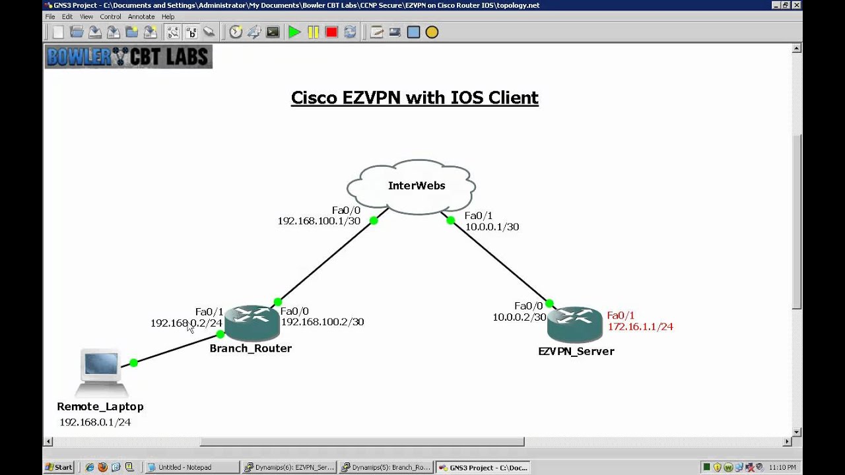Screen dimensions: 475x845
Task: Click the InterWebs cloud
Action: pos(411,186)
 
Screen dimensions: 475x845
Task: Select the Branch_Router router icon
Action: pos(251,323)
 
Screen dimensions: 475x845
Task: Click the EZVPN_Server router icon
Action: pos(574,323)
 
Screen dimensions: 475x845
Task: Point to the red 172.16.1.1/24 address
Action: pos(640,327)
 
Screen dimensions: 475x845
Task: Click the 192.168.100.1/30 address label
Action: pos(319,221)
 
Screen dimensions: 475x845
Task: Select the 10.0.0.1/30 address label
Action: pos(492,227)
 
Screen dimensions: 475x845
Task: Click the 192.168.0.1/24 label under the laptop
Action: pos(95,422)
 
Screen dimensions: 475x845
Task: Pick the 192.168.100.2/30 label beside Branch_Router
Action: pos(322,322)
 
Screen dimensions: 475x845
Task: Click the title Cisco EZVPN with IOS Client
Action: pos(415,98)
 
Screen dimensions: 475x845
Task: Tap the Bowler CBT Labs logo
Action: pos(128,57)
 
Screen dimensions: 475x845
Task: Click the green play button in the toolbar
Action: pos(294,32)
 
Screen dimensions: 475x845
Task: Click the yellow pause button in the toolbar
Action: pos(313,32)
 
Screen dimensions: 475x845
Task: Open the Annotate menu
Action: pos(141,16)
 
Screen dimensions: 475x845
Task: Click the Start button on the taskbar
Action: pos(59,467)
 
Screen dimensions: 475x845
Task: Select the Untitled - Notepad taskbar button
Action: pos(191,467)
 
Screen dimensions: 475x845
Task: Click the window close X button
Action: pos(797,5)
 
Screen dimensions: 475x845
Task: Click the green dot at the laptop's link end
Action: pos(133,362)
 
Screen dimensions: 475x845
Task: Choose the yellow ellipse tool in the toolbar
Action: pos(432,32)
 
